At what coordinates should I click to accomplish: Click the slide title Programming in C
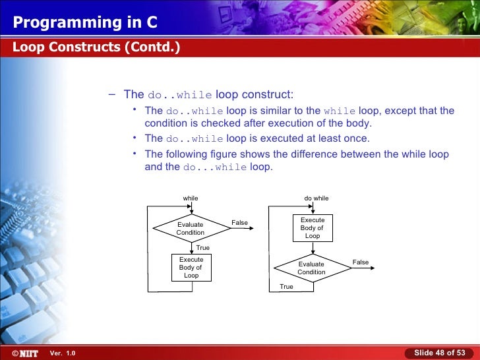(x=85, y=22)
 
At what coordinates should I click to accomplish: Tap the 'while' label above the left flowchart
(x=191, y=198)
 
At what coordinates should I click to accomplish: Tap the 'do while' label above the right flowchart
(x=316, y=198)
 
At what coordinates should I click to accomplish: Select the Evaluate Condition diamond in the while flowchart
(x=191, y=229)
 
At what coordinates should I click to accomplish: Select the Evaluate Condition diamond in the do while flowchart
(x=311, y=268)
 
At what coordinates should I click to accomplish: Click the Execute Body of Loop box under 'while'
(x=191, y=268)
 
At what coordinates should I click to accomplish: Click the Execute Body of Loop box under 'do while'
(x=313, y=228)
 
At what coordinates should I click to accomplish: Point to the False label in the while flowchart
(x=239, y=223)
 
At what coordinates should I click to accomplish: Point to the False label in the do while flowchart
(x=361, y=262)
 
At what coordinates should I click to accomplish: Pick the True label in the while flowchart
(x=203, y=248)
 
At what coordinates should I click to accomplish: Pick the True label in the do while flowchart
(x=286, y=287)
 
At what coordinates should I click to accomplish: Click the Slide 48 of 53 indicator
(x=439, y=353)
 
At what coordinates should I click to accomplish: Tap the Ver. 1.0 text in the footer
(x=63, y=353)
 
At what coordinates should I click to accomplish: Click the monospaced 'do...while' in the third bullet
(x=214, y=167)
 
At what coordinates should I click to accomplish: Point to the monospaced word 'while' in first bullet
(x=340, y=111)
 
